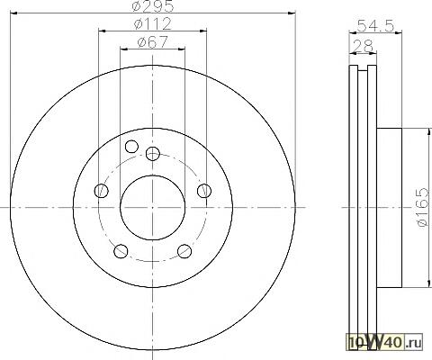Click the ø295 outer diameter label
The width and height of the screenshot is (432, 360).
(153, 6)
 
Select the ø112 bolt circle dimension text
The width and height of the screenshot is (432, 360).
(153, 23)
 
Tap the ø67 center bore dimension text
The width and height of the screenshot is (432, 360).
(152, 41)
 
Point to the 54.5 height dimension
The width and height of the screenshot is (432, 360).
(375, 26)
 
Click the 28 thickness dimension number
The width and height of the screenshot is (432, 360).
(363, 46)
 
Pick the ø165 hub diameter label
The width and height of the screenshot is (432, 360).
(423, 207)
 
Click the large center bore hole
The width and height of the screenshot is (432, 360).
(152, 208)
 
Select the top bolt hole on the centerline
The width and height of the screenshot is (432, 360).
(153, 154)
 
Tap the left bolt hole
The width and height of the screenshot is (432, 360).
(102, 191)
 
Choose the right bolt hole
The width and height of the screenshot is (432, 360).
(204, 191)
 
